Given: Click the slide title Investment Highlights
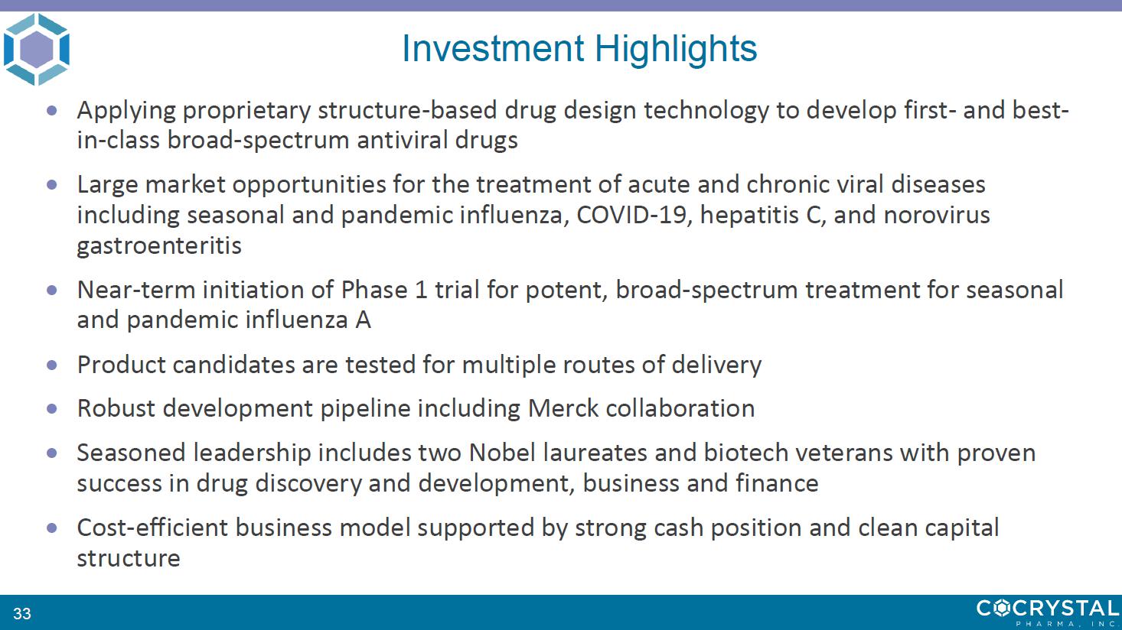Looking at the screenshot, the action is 579,49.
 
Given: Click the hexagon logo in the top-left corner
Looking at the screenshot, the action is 37,49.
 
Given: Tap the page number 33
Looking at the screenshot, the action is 22,613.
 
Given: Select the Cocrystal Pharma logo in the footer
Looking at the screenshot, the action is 1048,612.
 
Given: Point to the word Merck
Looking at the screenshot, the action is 563,408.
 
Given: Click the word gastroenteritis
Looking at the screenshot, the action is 159,245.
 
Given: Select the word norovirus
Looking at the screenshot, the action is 937,215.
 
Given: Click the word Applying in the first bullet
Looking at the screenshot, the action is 126,111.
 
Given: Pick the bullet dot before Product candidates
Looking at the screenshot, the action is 51,365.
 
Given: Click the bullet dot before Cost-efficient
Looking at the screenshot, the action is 51,528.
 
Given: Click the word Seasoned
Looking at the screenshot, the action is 131,453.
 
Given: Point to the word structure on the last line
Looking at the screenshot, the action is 129,558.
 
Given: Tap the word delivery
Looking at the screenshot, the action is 716,365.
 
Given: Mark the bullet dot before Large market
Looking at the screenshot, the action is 51,185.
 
